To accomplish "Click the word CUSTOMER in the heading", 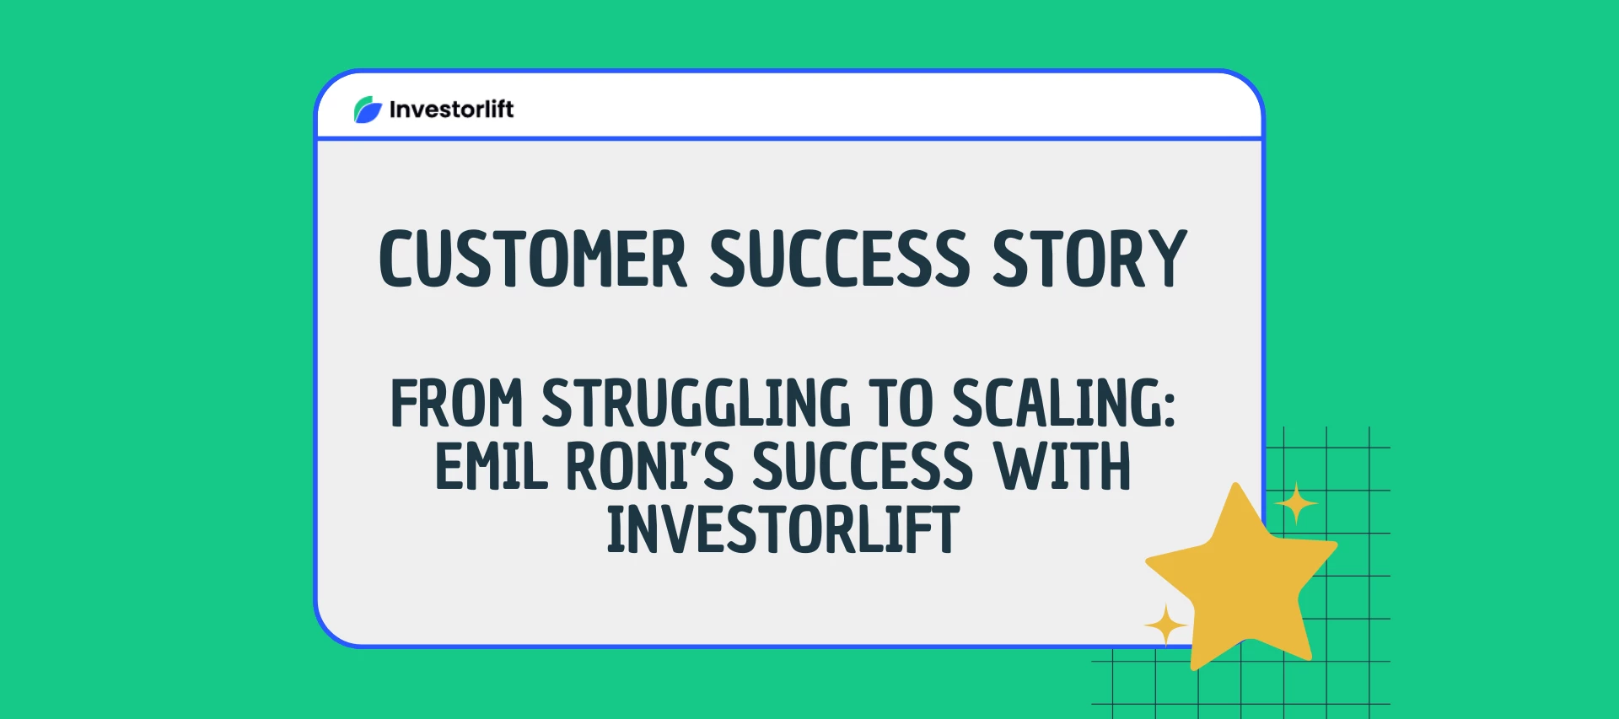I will pyautogui.click(x=533, y=259).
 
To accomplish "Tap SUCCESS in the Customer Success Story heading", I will pyautogui.click(x=840, y=259).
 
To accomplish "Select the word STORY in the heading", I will pyautogui.click(x=1089, y=259).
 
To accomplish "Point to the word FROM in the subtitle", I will pyautogui.click(x=456, y=404).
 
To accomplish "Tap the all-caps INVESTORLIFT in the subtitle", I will pyautogui.click(x=783, y=529).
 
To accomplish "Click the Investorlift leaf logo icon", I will pyautogui.click(x=368, y=110).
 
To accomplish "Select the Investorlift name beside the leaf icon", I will pyautogui.click(x=451, y=110).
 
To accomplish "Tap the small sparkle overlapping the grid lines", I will pyautogui.click(x=1296, y=504).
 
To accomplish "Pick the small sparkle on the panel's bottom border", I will pyautogui.click(x=1166, y=625).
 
